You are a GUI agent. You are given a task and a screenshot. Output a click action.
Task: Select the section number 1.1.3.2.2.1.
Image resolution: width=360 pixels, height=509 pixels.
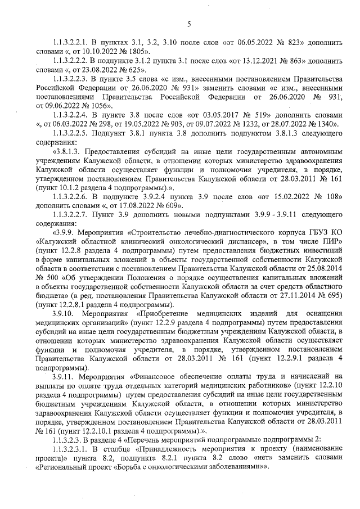point(73,43)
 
